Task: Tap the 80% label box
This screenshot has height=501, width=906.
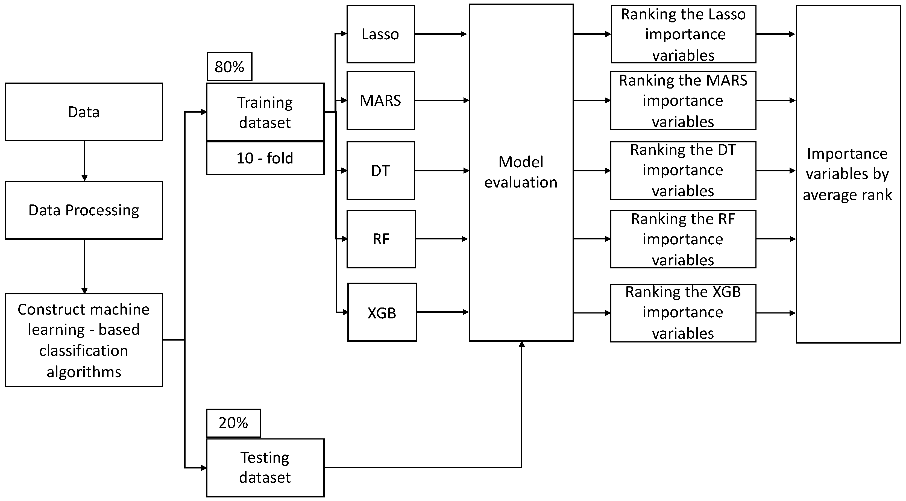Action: [229, 66]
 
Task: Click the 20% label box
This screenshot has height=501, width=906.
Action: [233, 423]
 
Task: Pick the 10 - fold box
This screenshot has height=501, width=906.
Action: [265, 158]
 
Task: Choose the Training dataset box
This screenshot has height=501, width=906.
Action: [265, 112]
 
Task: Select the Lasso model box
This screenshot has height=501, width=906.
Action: [380, 34]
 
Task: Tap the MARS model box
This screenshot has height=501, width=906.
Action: [380, 100]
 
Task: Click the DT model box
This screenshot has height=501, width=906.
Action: [380, 171]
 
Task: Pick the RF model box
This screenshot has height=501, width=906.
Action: [381, 239]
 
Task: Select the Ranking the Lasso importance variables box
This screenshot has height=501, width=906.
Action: [683, 34]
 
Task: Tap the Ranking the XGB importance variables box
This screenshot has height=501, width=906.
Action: [683, 312]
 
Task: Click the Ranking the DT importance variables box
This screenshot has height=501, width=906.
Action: [683, 171]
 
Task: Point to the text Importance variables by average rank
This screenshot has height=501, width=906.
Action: [847, 174]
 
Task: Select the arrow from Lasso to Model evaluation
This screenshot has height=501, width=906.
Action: [441, 34]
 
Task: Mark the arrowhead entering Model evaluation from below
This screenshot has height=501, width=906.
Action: [521, 344]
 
